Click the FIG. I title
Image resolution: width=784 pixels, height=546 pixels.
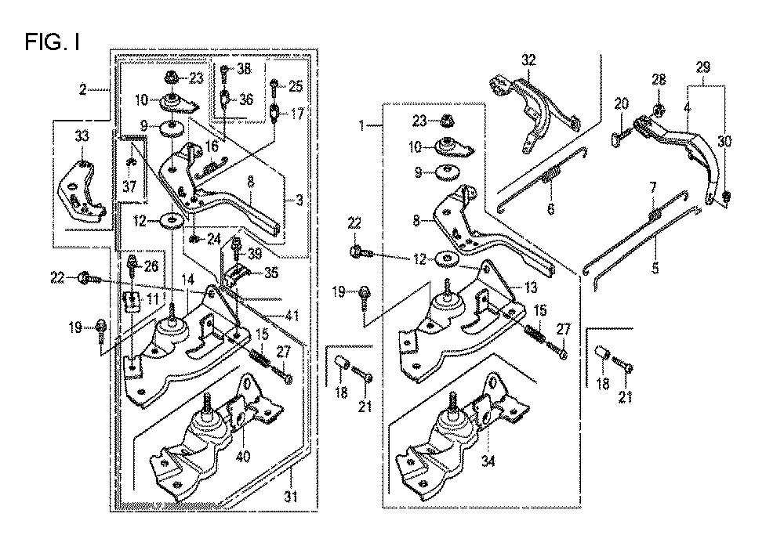tap(52, 42)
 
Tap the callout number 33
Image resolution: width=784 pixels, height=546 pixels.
tap(82, 136)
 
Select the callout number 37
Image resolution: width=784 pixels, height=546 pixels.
tap(129, 186)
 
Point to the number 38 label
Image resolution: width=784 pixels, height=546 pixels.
tap(244, 68)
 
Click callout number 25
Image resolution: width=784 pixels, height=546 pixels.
tap(296, 86)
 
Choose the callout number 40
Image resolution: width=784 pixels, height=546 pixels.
tap(243, 456)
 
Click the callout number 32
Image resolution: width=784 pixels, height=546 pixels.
tap(528, 60)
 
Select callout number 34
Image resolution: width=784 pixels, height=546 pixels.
tap(488, 461)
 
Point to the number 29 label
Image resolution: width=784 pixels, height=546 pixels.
tap(702, 67)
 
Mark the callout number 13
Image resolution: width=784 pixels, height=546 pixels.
tap(530, 287)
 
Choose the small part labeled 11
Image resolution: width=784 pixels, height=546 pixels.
tap(131, 302)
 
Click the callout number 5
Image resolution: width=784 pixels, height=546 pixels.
tap(655, 268)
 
